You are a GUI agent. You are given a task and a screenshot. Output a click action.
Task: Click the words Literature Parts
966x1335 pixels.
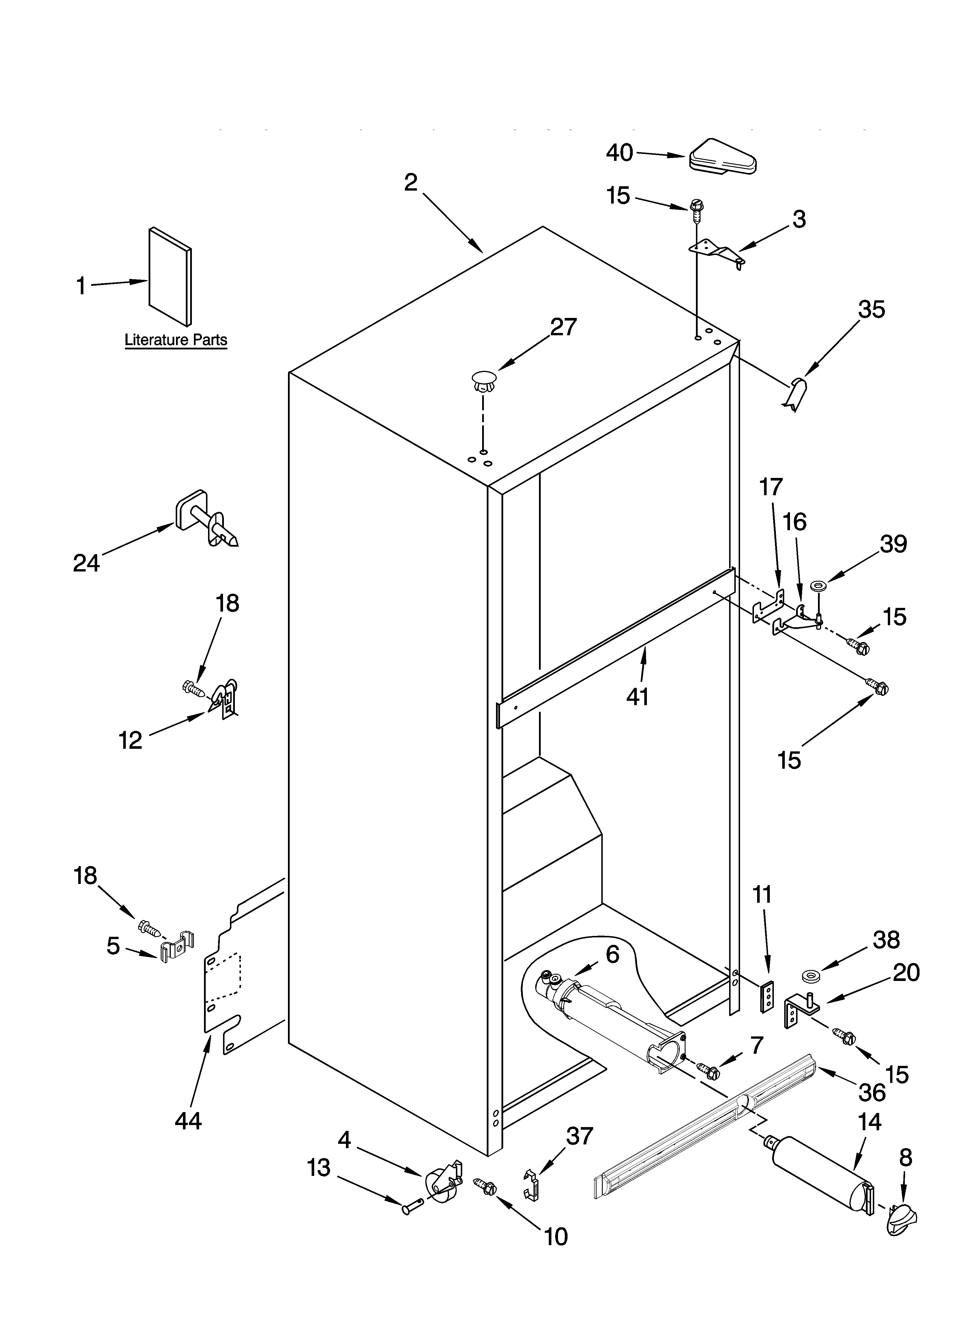tap(175, 340)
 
